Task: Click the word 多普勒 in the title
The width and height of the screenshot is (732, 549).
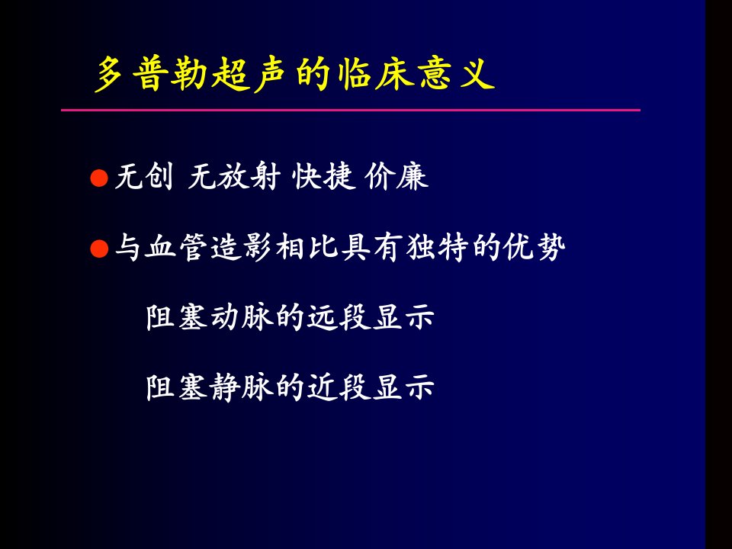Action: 151,74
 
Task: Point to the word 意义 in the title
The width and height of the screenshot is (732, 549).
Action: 456,74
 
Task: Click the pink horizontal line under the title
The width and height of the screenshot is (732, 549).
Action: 351,110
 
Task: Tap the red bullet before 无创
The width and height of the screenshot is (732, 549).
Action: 99,178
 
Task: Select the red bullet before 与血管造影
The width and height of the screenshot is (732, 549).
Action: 99,249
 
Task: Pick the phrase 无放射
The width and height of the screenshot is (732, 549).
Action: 234,176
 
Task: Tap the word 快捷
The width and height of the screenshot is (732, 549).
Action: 322,176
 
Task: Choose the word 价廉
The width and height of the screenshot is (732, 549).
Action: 396,176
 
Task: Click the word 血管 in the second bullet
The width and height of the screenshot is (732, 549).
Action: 176,247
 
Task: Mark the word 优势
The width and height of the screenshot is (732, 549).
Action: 535,247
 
